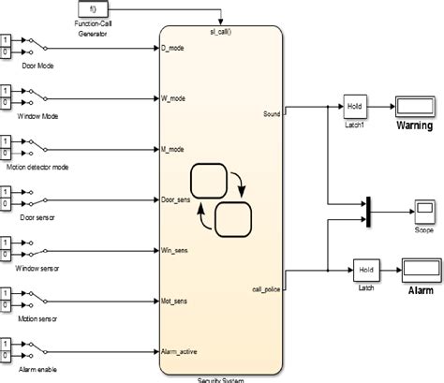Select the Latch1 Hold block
pyautogui.click(x=354, y=105)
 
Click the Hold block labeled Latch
pyautogui.click(x=366, y=271)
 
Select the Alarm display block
pyautogui.click(x=421, y=270)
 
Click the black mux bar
pyautogui.click(x=369, y=210)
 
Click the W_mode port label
pyautogui.click(x=175, y=96)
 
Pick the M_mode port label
pyautogui.click(x=175, y=148)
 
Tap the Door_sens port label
pyautogui.click(x=181, y=199)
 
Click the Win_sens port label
pyautogui.click(x=178, y=250)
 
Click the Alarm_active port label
pyautogui.click(x=184, y=352)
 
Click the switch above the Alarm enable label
pyautogui.click(x=35, y=352)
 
